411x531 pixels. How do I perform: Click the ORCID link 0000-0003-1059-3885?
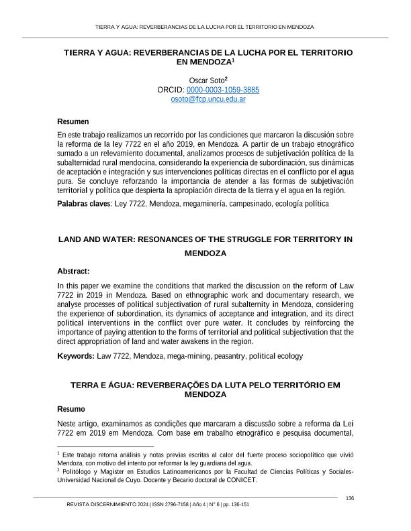coord(223,89)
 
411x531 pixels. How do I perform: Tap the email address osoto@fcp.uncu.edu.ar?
coord(205,99)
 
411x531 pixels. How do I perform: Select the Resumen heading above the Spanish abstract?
coord(73,121)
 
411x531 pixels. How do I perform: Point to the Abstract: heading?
coord(73,272)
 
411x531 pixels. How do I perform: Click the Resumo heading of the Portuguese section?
coord(71,408)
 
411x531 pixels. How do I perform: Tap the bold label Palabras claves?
coord(83,203)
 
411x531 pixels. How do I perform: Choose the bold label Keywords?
coord(76,356)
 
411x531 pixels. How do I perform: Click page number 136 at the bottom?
coord(349,497)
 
